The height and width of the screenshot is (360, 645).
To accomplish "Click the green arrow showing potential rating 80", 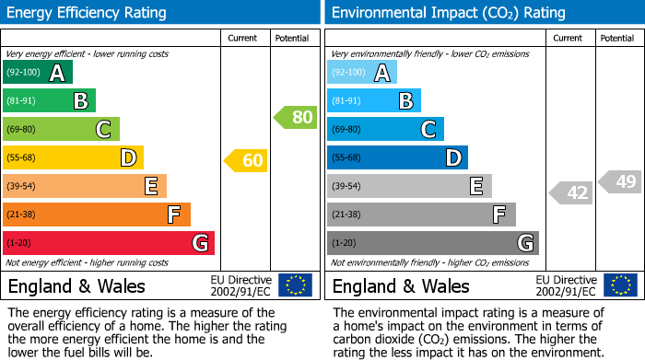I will click(295, 118).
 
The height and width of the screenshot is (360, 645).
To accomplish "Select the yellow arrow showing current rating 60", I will click(246, 161).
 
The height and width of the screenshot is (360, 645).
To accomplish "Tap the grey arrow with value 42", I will click(570, 192).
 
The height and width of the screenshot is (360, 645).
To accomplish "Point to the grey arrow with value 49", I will click(619, 181).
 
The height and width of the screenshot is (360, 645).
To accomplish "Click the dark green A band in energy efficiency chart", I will click(38, 74).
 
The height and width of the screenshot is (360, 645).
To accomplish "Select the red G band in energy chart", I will click(109, 243).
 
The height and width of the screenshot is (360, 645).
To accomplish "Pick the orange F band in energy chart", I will click(97, 215).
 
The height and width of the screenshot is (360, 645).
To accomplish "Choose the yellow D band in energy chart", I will click(73, 158).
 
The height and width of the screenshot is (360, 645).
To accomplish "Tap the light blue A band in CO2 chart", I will click(362, 74).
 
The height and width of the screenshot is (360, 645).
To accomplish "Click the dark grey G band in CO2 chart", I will click(432, 243).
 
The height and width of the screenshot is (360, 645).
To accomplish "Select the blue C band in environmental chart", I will click(385, 130).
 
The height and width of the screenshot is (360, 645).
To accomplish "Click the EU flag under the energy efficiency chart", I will click(295, 285).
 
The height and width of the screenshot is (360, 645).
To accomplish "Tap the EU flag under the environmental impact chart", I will click(619, 285).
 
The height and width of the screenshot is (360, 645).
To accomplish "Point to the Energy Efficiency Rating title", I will click(88, 13).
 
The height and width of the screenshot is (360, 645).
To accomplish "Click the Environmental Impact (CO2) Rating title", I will click(448, 13).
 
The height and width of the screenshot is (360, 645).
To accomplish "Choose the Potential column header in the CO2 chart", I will click(617, 38).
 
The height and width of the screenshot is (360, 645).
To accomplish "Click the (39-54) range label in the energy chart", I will click(20, 187).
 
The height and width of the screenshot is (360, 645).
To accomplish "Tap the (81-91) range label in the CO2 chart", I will click(346, 101).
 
